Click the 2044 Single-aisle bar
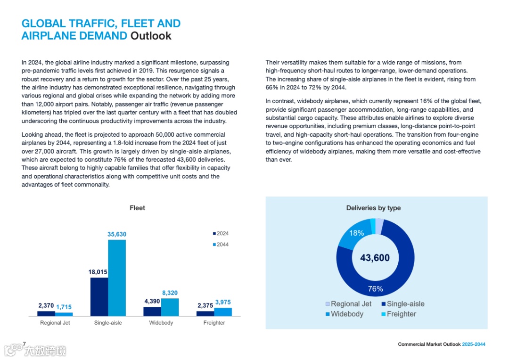(x=117, y=278)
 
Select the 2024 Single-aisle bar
(x=99, y=297)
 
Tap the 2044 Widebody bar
(x=170, y=307)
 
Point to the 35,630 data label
(x=117, y=234)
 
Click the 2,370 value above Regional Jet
(x=46, y=305)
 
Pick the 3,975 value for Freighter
(x=223, y=302)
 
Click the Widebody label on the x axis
(x=161, y=323)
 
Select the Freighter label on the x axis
(x=214, y=323)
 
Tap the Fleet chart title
(x=138, y=208)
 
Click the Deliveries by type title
(x=373, y=208)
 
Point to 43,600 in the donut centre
(x=375, y=258)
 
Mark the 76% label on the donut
(x=375, y=289)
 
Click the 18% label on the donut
(x=356, y=233)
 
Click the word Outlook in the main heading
(x=151, y=36)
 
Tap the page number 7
(x=24, y=344)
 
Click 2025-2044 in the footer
(x=473, y=344)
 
